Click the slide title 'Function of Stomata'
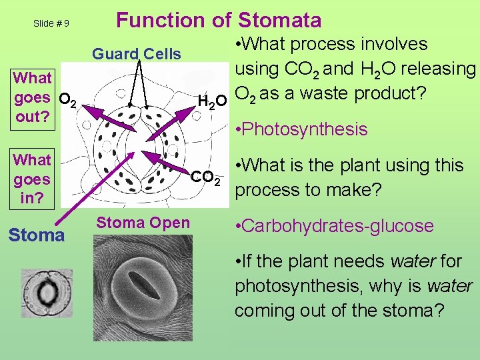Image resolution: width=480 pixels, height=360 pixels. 219,20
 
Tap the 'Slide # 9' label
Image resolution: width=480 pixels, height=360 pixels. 51,23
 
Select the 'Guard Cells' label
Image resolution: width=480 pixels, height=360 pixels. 136,54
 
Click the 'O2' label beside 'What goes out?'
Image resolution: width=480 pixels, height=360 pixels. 69,102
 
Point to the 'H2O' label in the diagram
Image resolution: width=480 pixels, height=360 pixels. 213,102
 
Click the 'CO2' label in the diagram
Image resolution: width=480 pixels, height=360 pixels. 206,178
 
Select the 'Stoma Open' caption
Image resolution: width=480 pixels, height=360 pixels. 143,223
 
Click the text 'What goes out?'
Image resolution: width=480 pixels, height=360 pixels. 32,97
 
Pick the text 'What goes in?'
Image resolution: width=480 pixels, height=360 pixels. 32,179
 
